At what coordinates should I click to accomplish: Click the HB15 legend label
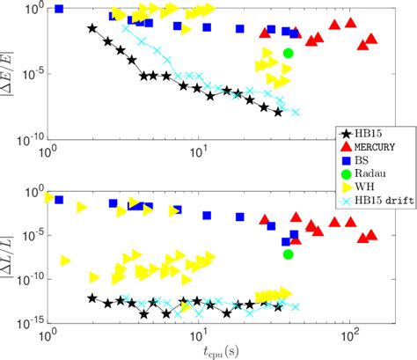click(369, 133)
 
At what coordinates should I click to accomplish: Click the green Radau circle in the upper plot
click(288, 53)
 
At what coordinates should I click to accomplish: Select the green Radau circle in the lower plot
click(288, 254)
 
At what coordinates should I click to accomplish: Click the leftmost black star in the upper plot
click(93, 28)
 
